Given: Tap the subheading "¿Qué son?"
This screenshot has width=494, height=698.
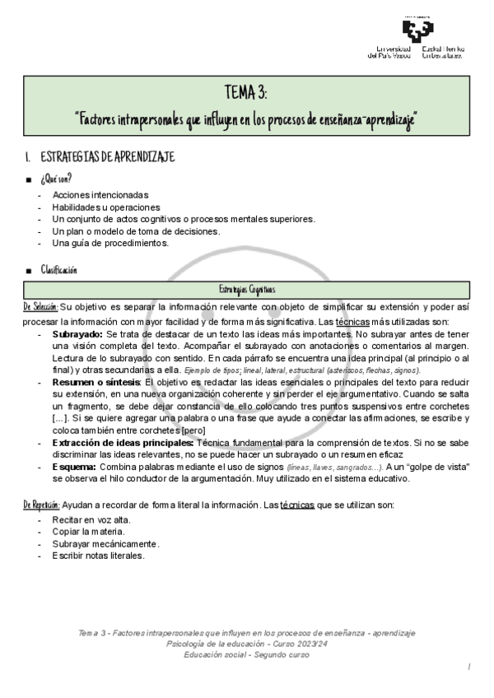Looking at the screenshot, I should point(56,179).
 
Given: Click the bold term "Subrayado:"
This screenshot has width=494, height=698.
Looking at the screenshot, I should point(78,335).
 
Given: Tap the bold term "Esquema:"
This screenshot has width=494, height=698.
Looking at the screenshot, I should point(75,467).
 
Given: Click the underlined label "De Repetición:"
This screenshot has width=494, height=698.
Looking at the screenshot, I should point(42,503).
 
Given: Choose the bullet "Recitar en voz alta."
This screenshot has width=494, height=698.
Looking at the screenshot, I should point(91,520).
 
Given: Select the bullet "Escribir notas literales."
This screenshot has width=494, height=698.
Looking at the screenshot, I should point(98,556).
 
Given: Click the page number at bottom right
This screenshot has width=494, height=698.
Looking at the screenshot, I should point(468,665).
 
